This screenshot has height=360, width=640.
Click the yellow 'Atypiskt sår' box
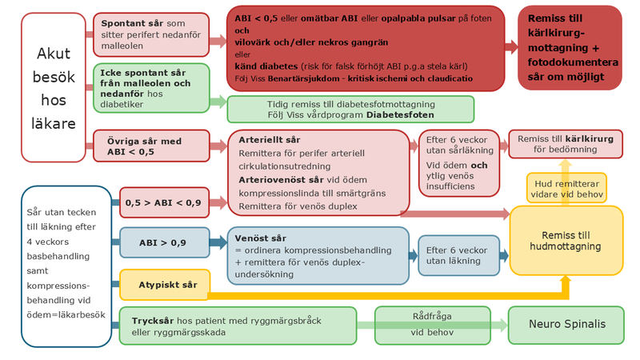(x=164, y=284)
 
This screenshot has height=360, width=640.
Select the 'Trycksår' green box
(x=238, y=326)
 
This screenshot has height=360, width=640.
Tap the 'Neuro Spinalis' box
(x=565, y=325)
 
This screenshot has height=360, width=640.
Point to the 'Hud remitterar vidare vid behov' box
(x=566, y=188)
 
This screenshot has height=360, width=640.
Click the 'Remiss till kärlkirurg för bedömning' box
(x=566, y=144)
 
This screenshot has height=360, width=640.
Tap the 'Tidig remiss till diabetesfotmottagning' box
(x=350, y=109)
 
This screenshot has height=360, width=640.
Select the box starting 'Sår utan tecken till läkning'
(x=66, y=266)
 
